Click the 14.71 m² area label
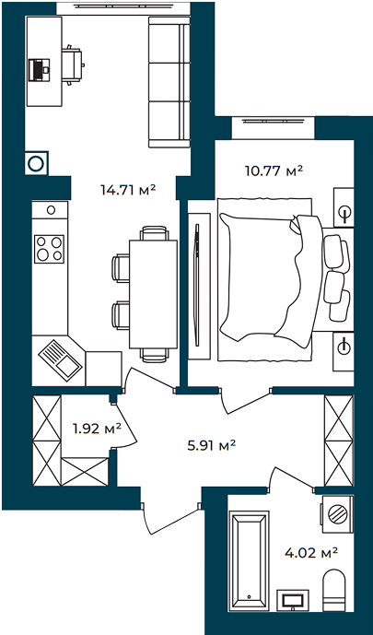(128, 189)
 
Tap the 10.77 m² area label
(274, 171)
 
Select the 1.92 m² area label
(97, 428)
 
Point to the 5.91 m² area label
(212, 446)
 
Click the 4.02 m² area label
(312, 552)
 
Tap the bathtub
(249, 560)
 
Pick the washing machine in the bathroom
(337, 514)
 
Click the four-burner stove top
(49, 249)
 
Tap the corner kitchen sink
(60, 360)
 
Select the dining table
(153, 294)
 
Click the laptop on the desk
(40, 70)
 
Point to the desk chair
(73, 65)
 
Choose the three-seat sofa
(169, 82)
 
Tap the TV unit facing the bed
(200, 285)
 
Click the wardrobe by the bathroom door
(339, 441)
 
